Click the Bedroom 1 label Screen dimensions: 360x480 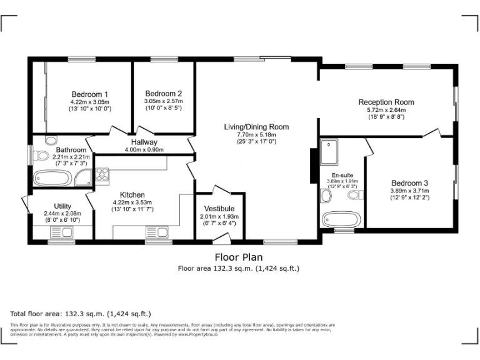89,94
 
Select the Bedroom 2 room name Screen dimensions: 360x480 163,94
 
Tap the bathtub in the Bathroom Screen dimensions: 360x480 53,178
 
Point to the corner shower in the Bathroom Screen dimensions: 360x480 83,179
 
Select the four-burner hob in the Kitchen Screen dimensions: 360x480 102,174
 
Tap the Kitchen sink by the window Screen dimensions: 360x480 159,232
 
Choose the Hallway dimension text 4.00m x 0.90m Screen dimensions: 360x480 144,150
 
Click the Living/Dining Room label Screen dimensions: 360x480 256,127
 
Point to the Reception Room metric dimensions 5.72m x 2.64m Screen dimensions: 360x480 386,110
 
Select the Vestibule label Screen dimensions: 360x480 219,208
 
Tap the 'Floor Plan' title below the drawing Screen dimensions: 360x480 239,257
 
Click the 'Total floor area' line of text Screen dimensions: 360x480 81,313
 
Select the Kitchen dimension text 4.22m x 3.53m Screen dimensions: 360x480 128,202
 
